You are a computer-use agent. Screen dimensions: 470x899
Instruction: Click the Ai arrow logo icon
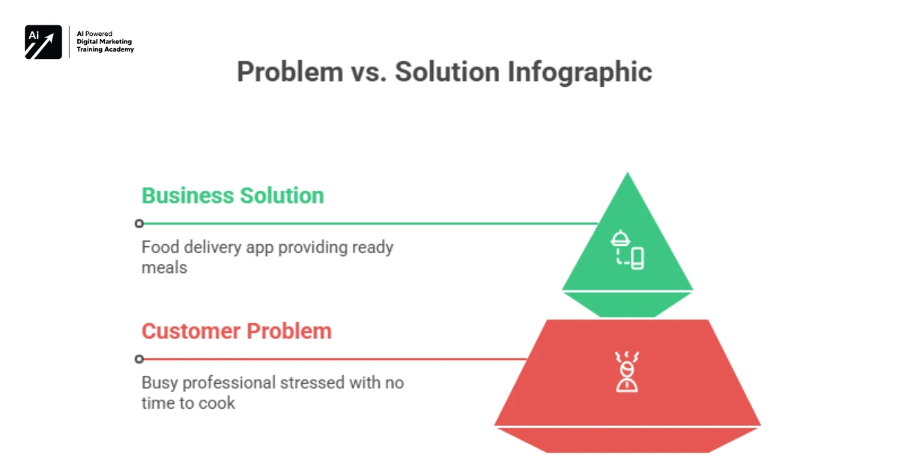43,43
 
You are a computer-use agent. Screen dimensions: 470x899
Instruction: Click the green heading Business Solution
233,195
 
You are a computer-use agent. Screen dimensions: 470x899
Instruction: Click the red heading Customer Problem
237,331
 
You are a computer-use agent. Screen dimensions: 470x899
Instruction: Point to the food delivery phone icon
628,250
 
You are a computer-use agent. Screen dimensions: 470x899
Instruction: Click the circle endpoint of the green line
139,223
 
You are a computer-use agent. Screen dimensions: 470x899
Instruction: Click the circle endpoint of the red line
139,358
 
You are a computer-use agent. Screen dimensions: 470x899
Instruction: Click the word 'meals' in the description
164,267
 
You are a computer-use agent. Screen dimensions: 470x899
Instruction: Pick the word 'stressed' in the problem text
313,383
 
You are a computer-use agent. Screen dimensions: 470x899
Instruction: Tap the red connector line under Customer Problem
337,358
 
